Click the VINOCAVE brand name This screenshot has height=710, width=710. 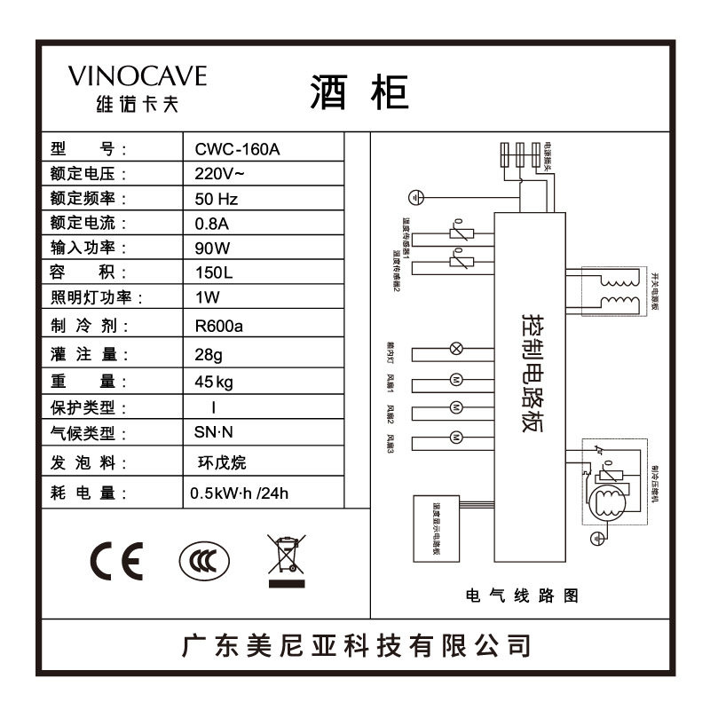(x=138, y=75)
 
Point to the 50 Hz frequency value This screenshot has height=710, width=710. (x=217, y=199)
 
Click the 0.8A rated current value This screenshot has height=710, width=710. (x=212, y=223)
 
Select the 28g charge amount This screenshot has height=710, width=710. (x=210, y=354)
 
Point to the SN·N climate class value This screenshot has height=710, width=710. (x=214, y=434)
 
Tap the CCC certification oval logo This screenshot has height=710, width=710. (x=203, y=561)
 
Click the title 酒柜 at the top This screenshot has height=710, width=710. (x=359, y=91)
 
